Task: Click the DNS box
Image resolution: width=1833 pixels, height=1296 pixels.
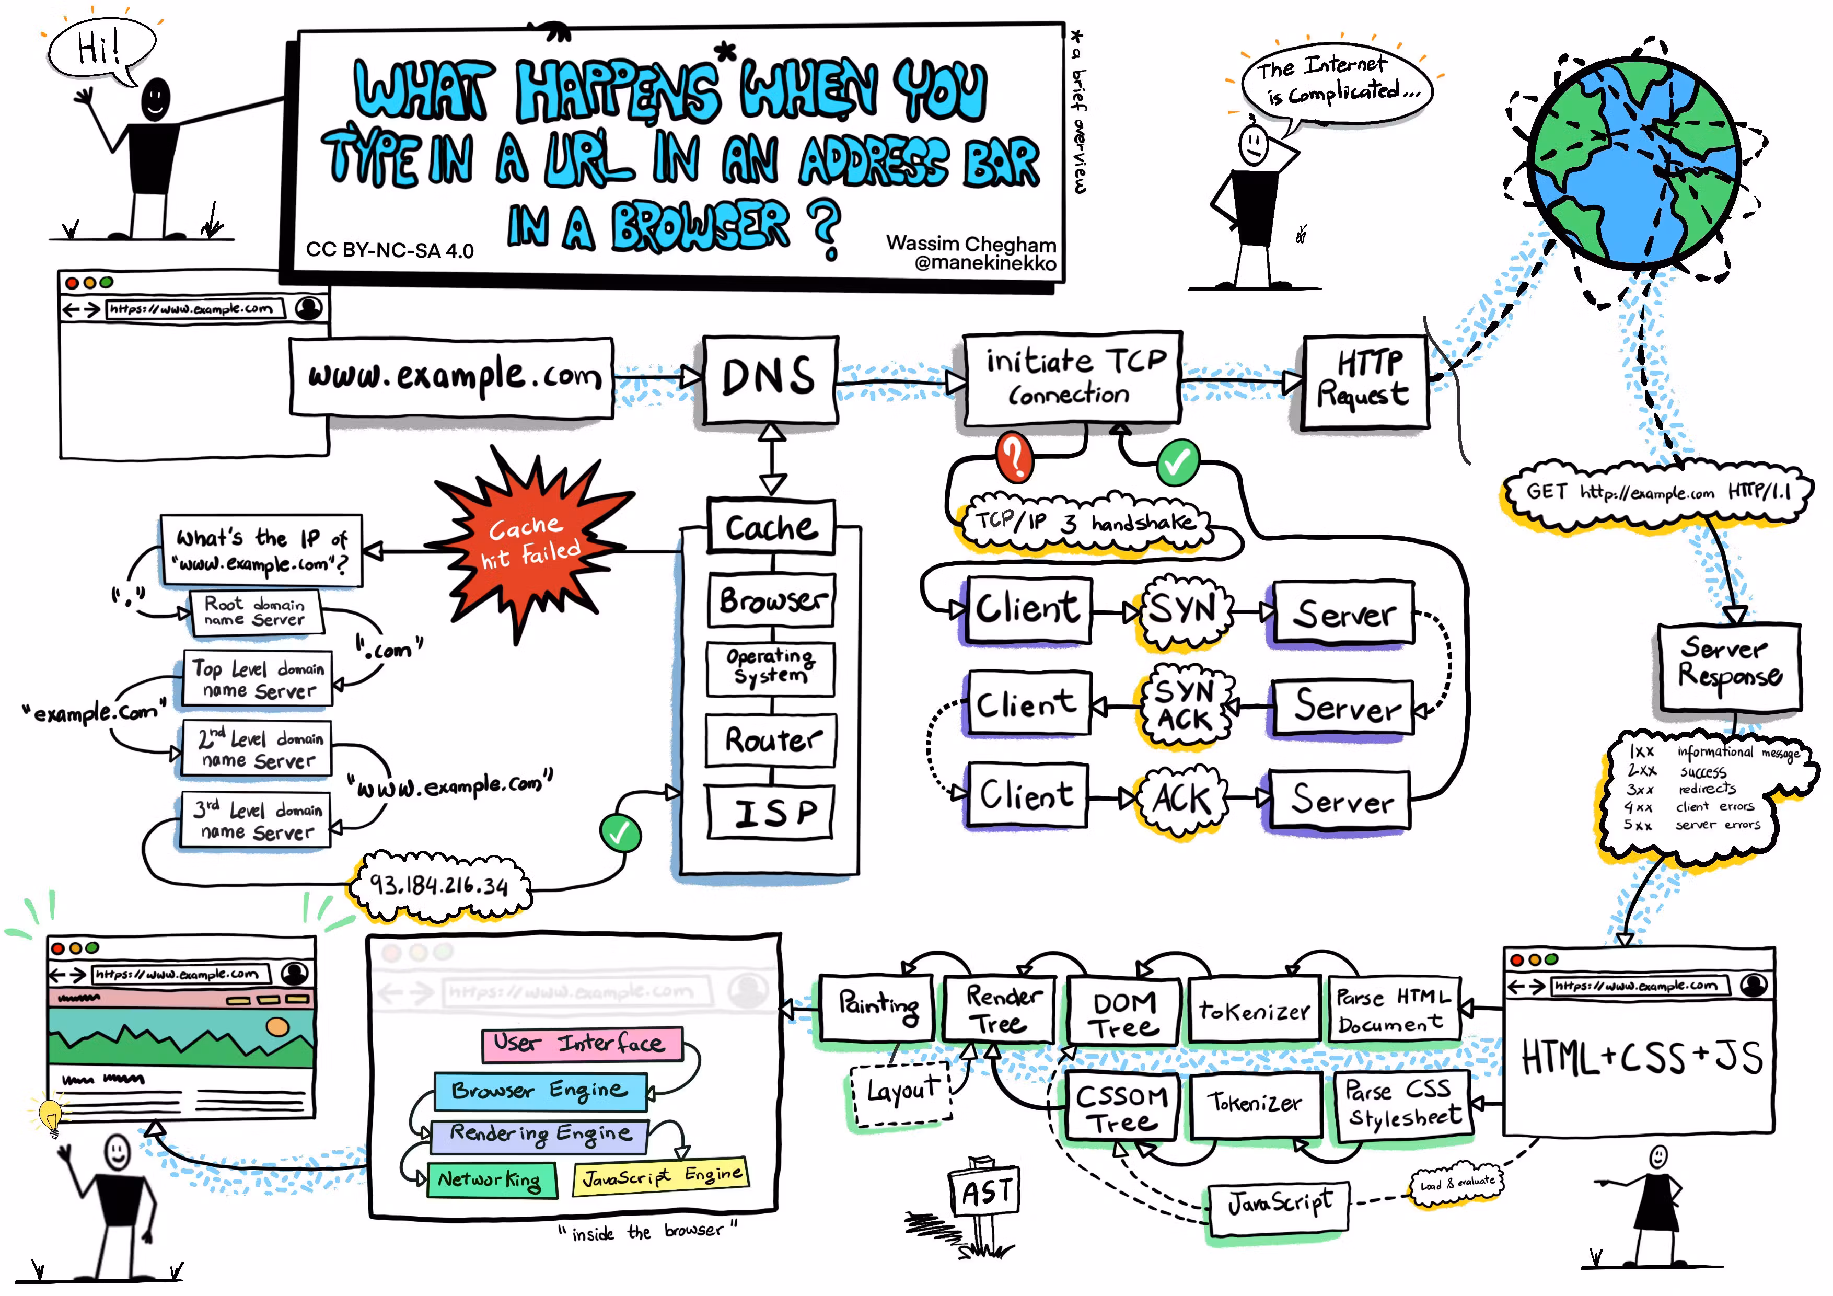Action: [x=770, y=378]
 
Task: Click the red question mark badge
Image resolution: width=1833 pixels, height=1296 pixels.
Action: [x=1014, y=457]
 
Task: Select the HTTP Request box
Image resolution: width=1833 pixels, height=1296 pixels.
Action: [x=1365, y=381]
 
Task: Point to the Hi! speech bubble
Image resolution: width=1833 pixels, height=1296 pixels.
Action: [x=100, y=50]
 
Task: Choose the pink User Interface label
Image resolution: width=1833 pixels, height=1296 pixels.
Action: [x=582, y=1043]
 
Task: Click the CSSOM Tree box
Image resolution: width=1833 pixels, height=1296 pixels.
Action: [x=1121, y=1107]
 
